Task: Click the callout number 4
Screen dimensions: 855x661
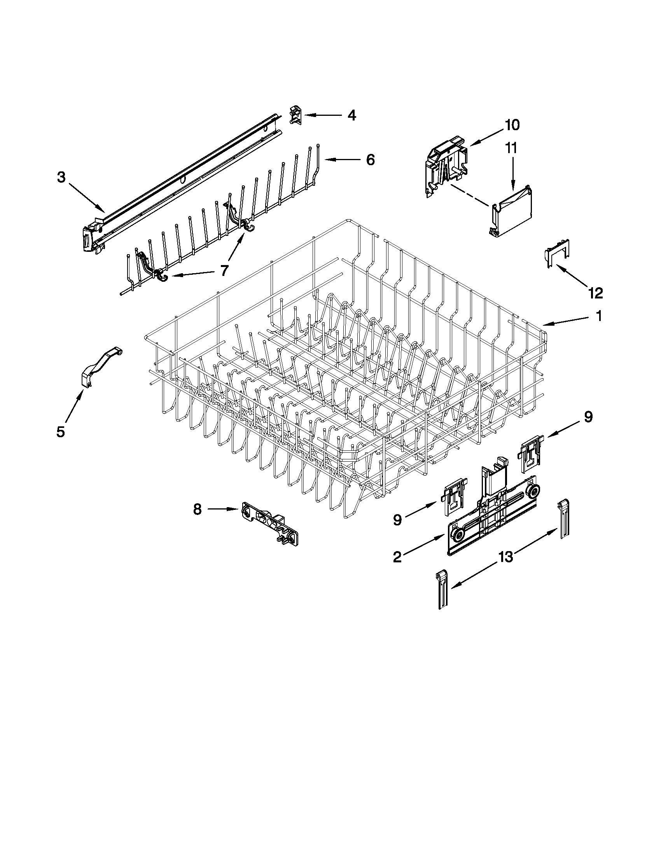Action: click(x=351, y=115)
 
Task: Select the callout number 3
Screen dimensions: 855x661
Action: click(x=61, y=177)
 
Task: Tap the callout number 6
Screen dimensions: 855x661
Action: click(x=370, y=159)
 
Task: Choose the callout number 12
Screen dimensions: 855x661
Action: click(x=595, y=292)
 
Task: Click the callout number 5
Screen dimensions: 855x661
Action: click(x=60, y=432)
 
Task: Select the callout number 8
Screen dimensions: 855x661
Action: click(x=198, y=509)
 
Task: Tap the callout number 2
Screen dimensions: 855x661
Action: click(x=397, y=557)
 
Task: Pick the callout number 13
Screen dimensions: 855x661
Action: click(x=505, y=557)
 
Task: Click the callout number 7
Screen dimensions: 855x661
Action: click(x=224, y=270)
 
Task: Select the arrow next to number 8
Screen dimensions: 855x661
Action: click(x=222, y=509)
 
